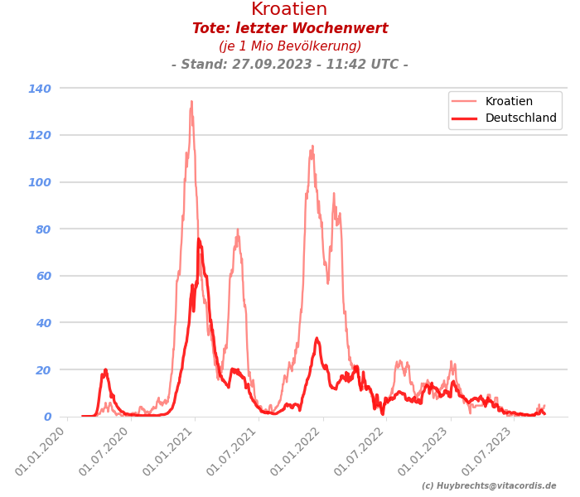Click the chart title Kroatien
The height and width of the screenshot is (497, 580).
[x=289, y=10]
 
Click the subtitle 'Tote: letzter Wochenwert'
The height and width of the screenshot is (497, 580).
[x=290, y=29]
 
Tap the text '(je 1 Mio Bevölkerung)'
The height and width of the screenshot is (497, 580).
[x=290, y=46]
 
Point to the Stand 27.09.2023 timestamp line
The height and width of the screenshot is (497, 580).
[x=290, y=65]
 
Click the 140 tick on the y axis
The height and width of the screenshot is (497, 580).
[x=40, y=89]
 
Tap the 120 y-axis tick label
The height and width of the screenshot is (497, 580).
[x=40, y=135]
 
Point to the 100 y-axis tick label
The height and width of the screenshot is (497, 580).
[x=40, y=182]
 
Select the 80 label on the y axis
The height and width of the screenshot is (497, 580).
[x=43, y=229]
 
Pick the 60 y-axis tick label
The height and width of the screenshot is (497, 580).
[x=43, y=276]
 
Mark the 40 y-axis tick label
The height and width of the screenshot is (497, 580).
[x=43, y=323]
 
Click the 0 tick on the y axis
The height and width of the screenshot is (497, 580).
[x=47, y=417]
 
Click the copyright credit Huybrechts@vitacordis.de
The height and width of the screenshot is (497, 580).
[x=489, y=486]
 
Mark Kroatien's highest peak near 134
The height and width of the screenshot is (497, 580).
[x=191, y=102]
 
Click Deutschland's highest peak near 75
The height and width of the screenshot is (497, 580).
[x=198, y=239]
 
